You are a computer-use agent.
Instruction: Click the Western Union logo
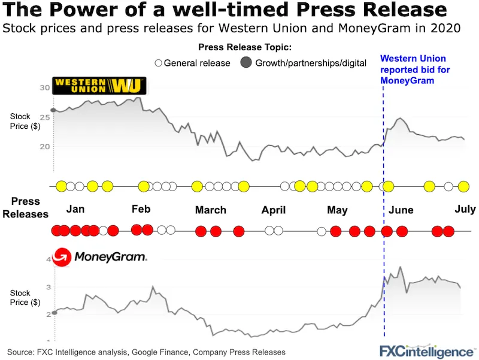coord(99,86)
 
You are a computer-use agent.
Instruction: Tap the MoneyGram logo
coord(99,257)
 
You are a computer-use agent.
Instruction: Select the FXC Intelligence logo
coord(426,350)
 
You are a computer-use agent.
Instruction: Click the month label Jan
coord(75,209)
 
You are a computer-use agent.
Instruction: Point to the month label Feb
coord(141,209)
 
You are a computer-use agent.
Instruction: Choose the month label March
coord(210,210)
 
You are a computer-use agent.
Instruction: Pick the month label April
coord(273,210)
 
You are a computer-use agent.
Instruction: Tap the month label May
coord(337,210)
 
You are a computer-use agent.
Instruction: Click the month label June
coord(401,210)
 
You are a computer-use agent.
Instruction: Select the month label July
coord(465,209)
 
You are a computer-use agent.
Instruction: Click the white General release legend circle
coord(159,62)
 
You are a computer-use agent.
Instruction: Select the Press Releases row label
coord(26,207)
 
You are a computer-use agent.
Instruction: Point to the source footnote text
coord(147,352)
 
